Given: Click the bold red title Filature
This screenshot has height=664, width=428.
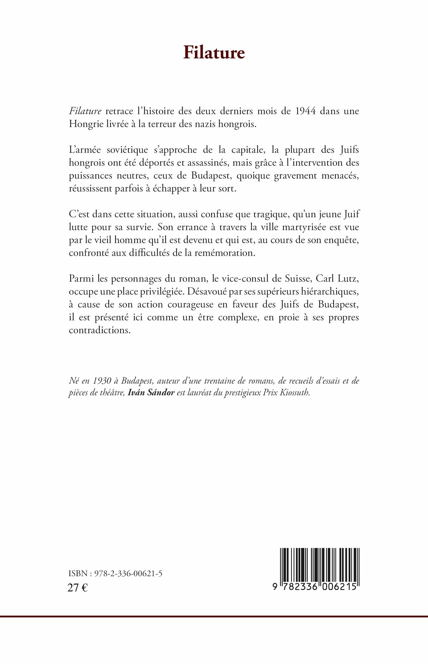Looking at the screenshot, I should coord(214,53).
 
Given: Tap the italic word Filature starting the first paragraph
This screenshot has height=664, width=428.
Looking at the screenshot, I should coord(85,111).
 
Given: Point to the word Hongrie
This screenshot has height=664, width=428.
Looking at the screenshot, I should coord(86,124).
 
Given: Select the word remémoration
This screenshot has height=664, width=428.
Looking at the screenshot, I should coord(223,253).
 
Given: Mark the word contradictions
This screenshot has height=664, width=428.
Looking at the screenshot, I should coord(100,331).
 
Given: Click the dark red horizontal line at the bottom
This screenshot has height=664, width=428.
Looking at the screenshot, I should coord(214,616).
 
